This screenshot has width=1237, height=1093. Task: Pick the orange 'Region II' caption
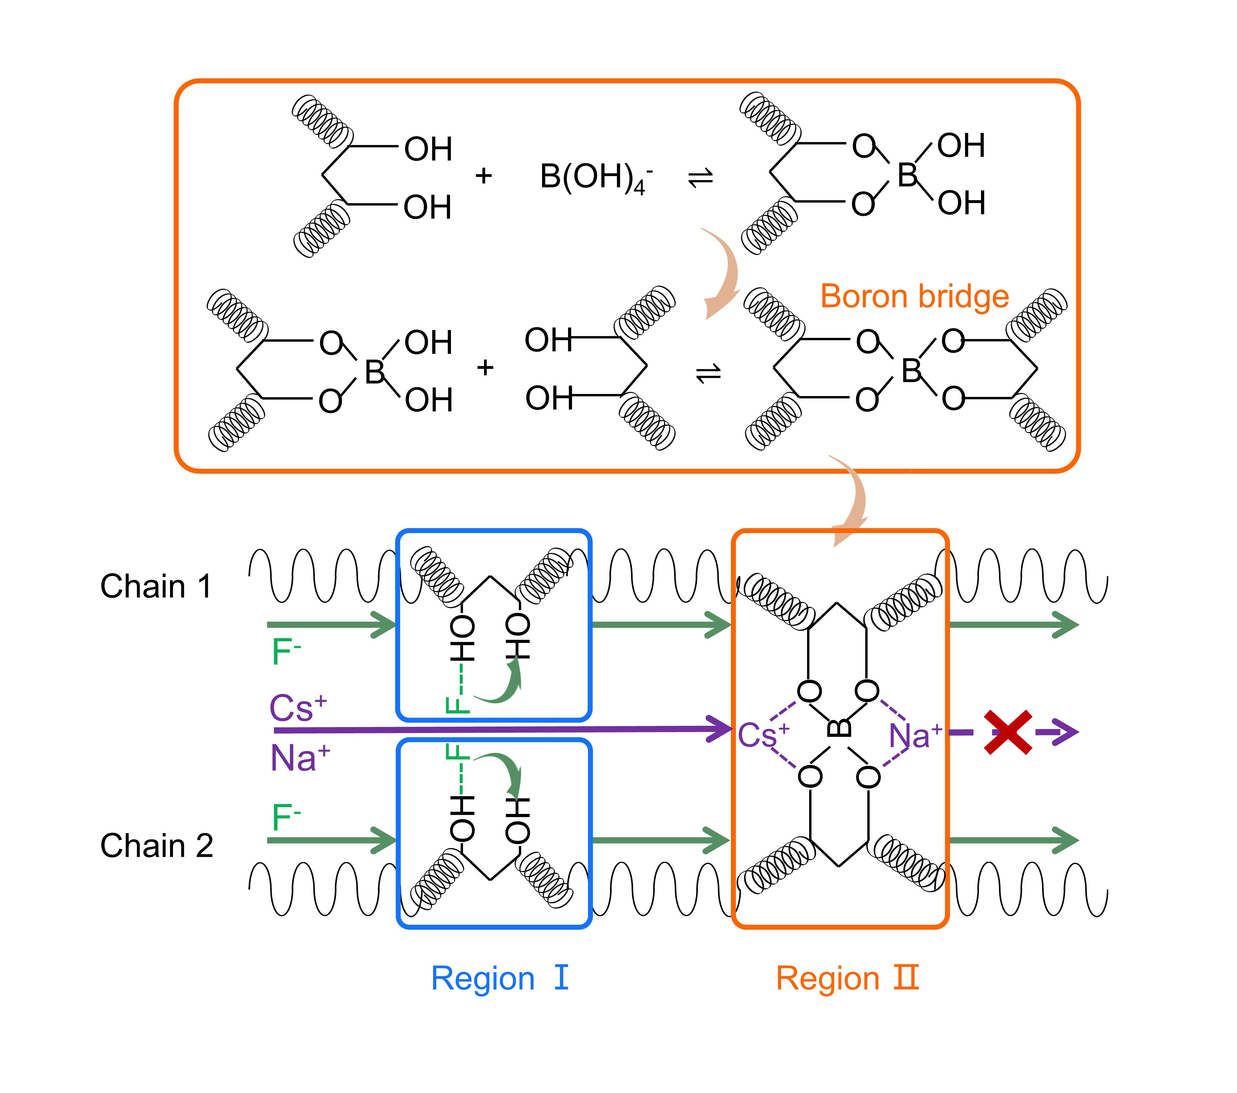847,979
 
